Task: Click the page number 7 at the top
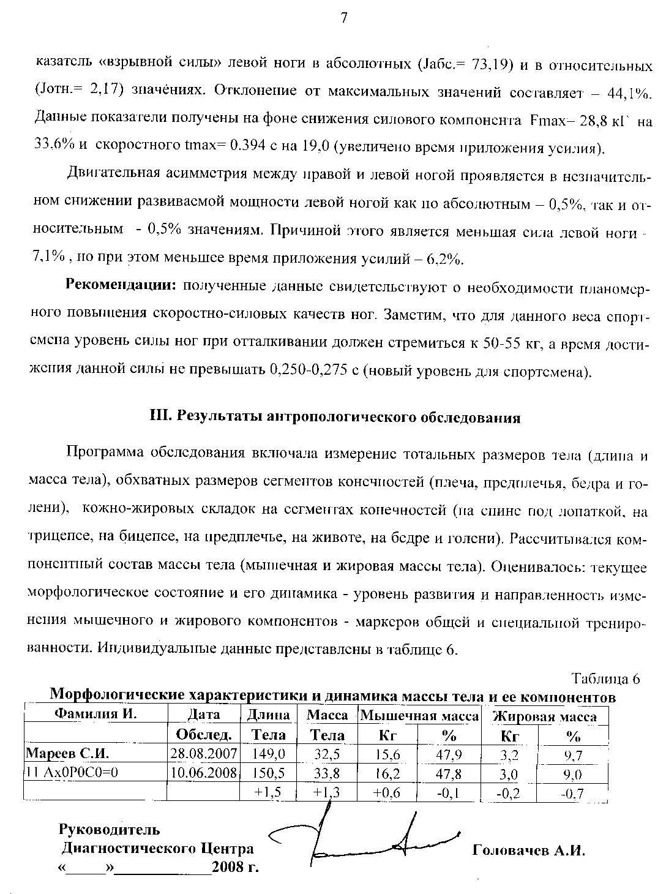click(x=343, y=18)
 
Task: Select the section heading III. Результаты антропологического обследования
click(x=335, y=418)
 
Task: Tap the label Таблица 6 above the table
click(x=605, y=679)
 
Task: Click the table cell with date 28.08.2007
click(x=204, y=754)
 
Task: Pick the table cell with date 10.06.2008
click(x=204, y=773)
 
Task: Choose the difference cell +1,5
click(x=268, y=792)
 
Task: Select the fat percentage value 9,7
click(x=573, y=756)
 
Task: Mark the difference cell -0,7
click(x=572, y=794)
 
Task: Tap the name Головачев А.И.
click(x=529, y=851)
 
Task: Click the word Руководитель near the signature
click(x=109, y=830)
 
